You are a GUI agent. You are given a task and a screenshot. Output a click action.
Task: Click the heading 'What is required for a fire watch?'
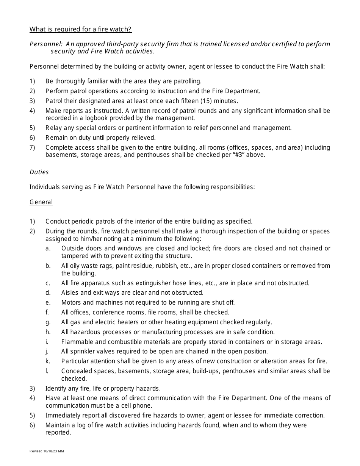click(81, 30)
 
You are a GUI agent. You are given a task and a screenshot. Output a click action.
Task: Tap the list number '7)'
click(32, 147)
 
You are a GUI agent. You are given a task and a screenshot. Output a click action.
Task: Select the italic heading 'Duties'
click(39, 172)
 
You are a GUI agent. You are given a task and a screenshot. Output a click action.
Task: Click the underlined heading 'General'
click(41, 202)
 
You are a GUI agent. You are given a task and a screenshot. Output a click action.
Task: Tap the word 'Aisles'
click(70, 292)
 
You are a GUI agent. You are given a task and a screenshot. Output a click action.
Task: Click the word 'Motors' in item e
click(72, 302)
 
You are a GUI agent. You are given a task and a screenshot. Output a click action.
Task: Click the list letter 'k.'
click(48, 361)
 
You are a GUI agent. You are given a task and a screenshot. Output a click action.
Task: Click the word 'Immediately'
click(63, 415)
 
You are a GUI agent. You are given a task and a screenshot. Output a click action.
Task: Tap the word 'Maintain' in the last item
click(58, 425)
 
